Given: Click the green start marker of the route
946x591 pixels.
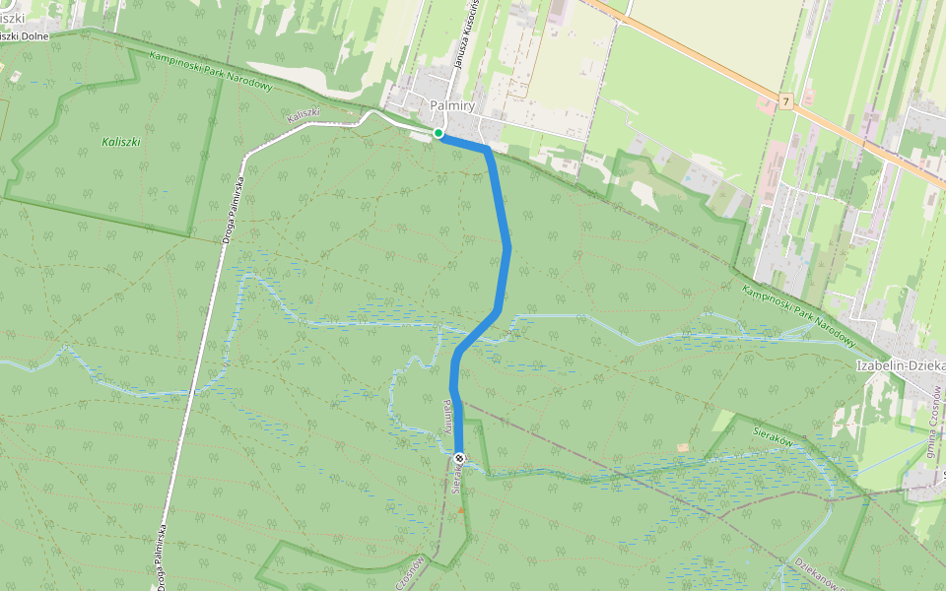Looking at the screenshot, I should point(439,133).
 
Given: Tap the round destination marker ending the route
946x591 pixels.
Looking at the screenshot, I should point(459,457).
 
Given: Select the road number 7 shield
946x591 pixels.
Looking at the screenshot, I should point(784,101).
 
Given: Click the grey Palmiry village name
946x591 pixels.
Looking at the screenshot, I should point(452,105).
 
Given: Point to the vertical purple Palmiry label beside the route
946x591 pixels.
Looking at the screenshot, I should point(449,419).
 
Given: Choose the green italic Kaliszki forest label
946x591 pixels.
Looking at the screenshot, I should point(121,142).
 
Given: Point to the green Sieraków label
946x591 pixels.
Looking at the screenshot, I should point(773,437).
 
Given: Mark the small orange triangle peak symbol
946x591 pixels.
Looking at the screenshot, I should point(460,511).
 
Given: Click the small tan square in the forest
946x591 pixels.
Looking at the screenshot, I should point(683,447).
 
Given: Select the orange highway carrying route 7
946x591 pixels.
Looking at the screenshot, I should point(690,49).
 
